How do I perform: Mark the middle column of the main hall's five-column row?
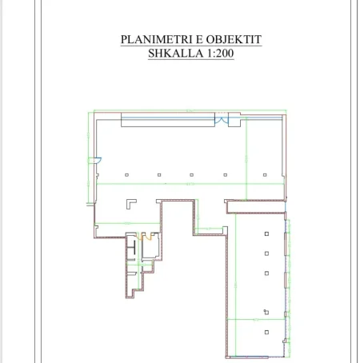click(x=191, y=174)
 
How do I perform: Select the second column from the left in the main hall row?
click(x=159, y=174)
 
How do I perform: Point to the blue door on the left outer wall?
click(x=95, y=158)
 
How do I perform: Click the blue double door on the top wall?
click(x=226, y=120)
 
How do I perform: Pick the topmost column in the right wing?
click(x=266, y=233)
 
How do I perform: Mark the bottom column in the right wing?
click(x=266, y=310)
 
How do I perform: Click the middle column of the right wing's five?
click(x=266, y=272)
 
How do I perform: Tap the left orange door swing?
click(x=140, y=237)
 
